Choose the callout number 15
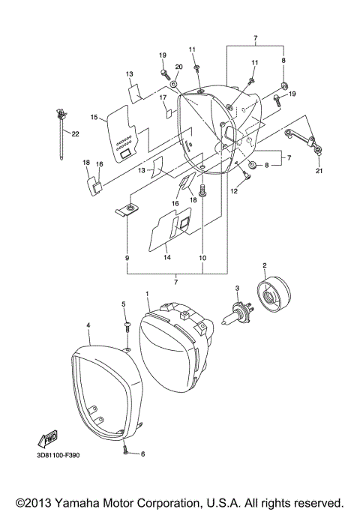coord(94,118)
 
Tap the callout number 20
coord(178,67)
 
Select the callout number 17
coord(162,97)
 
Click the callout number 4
coord(88,325)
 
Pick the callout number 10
coord(201,257)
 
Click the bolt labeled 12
coord(246,175)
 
